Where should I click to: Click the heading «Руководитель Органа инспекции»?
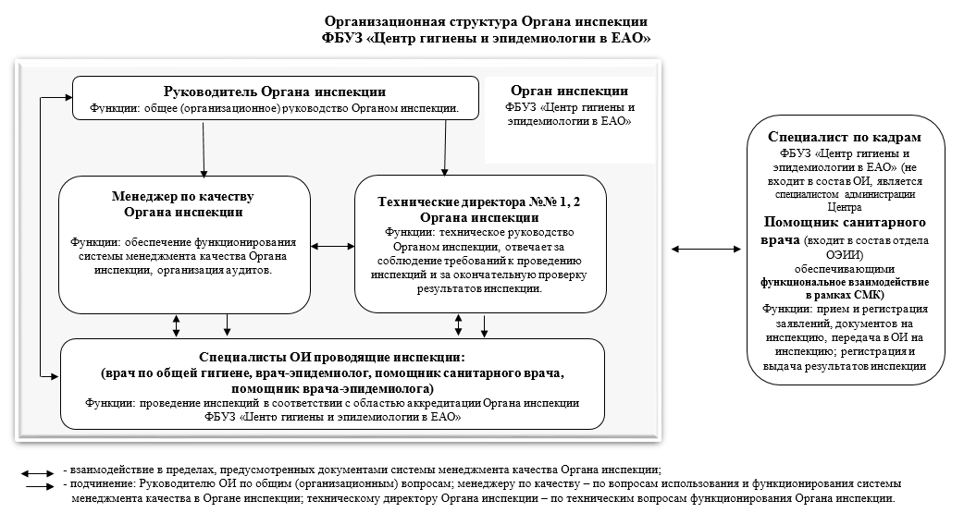275,92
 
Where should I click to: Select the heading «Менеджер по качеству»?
182,197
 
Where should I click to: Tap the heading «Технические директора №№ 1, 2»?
479,202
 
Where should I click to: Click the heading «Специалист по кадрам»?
845,137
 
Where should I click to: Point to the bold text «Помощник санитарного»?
845,222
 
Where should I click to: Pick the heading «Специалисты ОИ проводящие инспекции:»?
332,358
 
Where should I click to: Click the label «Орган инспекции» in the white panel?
569,91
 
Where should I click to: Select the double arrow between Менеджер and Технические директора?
333,246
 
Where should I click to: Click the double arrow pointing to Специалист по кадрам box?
706,249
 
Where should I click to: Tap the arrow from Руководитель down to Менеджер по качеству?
204,149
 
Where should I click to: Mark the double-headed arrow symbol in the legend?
38,473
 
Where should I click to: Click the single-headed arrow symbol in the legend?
41,486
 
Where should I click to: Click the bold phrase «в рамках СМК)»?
845,296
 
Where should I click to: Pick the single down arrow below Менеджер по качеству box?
227,325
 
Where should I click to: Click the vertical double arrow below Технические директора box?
458,325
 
